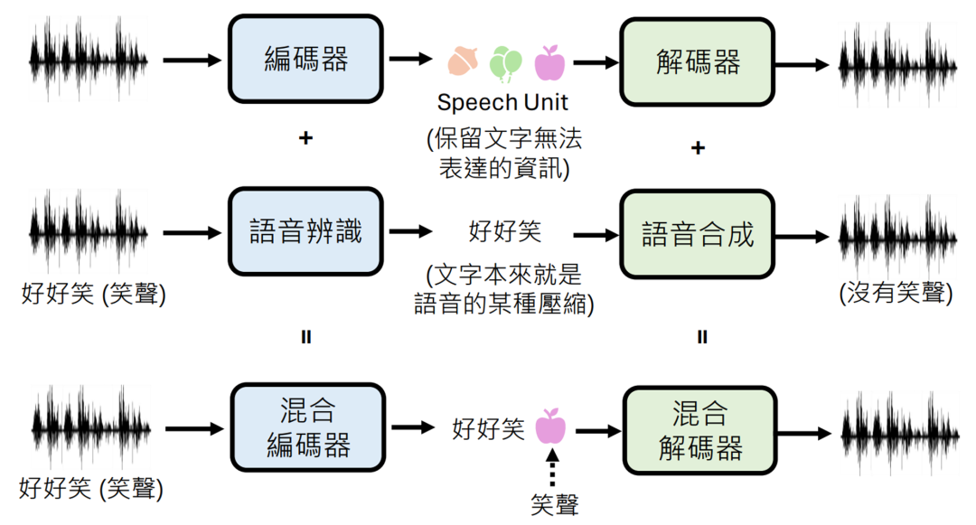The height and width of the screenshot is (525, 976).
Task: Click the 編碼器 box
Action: (306, 61)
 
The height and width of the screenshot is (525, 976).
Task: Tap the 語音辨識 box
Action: (306, 232)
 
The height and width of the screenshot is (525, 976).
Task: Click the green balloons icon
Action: (504, 61)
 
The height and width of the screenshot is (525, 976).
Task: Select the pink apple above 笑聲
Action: (550, 427)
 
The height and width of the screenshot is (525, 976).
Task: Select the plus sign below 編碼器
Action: (305, 138)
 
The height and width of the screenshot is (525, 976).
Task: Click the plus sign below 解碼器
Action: (698, 148)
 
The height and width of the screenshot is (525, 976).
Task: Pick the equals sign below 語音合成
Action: (701, 337)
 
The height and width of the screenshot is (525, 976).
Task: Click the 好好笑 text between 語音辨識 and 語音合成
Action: (505, 231)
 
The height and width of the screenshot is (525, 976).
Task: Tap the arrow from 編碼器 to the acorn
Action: (411, 60)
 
